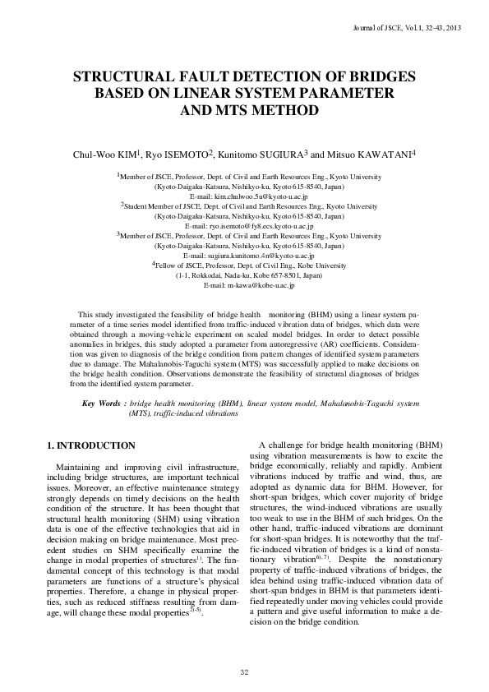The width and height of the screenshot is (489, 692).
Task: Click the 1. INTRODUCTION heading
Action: point(90,445)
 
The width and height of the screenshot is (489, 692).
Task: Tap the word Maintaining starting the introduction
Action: point(76,467)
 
